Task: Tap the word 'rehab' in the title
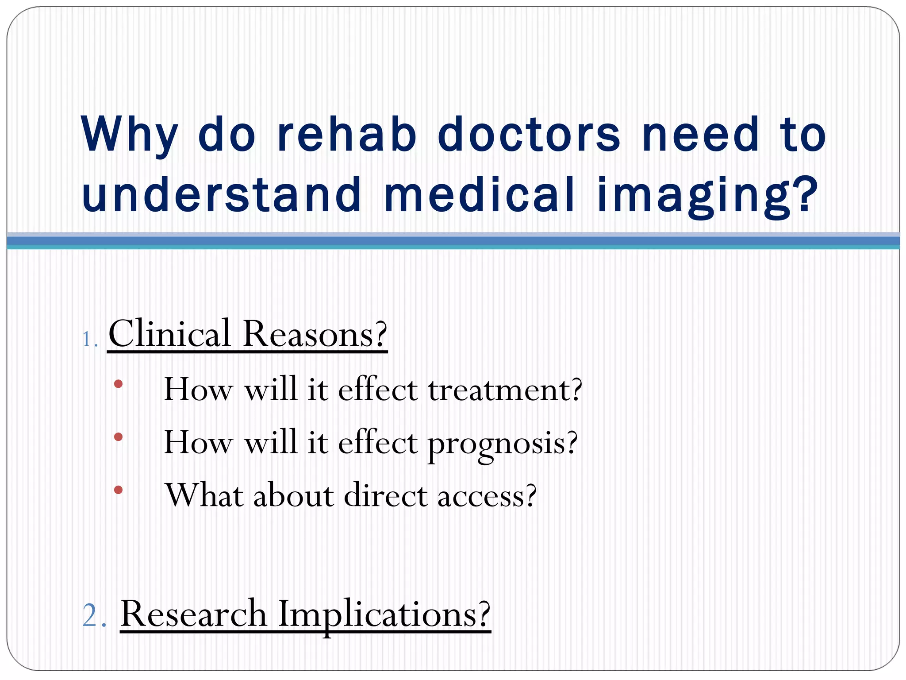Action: pos(347,134)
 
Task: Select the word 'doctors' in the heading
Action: pos(529,134)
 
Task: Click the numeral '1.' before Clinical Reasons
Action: pos(90,340)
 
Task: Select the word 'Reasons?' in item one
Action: pos(315,334)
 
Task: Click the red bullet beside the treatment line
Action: pos(118,384)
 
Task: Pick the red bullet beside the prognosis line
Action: pos(118,437)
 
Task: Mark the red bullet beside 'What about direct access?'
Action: pos(118,490)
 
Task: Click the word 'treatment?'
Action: pos(505,390)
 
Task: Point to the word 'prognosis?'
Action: pos(503,444)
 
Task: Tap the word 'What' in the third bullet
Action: pos(204,495)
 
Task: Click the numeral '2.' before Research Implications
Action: pos(94,615)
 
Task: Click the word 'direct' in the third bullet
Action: pos(385,495)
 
